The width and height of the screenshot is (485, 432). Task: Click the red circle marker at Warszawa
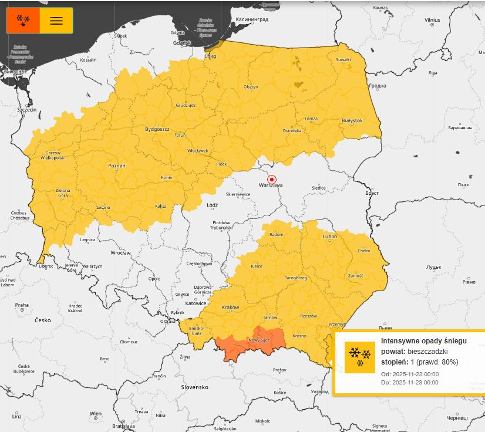coord(271,179)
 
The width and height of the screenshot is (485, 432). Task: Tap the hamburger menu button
coord(56,21)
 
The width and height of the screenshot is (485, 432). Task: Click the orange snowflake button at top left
coord(23,21)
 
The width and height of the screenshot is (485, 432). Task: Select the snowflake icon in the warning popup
coord(359,357)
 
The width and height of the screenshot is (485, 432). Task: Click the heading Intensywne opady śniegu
coord(423,341)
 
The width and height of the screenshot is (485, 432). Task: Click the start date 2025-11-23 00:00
coord(415,374)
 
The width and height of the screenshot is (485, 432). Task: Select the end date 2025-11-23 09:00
coord(415,383)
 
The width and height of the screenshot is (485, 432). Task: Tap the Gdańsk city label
coord(182,43)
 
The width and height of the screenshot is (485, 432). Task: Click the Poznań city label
coord(117,166)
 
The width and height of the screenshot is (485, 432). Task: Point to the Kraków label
coord(230,308)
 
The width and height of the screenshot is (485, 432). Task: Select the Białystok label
coord(352,120)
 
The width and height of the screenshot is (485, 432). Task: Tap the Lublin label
coord(330,237)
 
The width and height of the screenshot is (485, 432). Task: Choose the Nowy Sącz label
coord(258,340)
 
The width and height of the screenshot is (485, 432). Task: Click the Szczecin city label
coord(27,110)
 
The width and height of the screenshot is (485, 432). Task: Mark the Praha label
coord(22,305)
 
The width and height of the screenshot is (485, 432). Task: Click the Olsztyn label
coord(251,87)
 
